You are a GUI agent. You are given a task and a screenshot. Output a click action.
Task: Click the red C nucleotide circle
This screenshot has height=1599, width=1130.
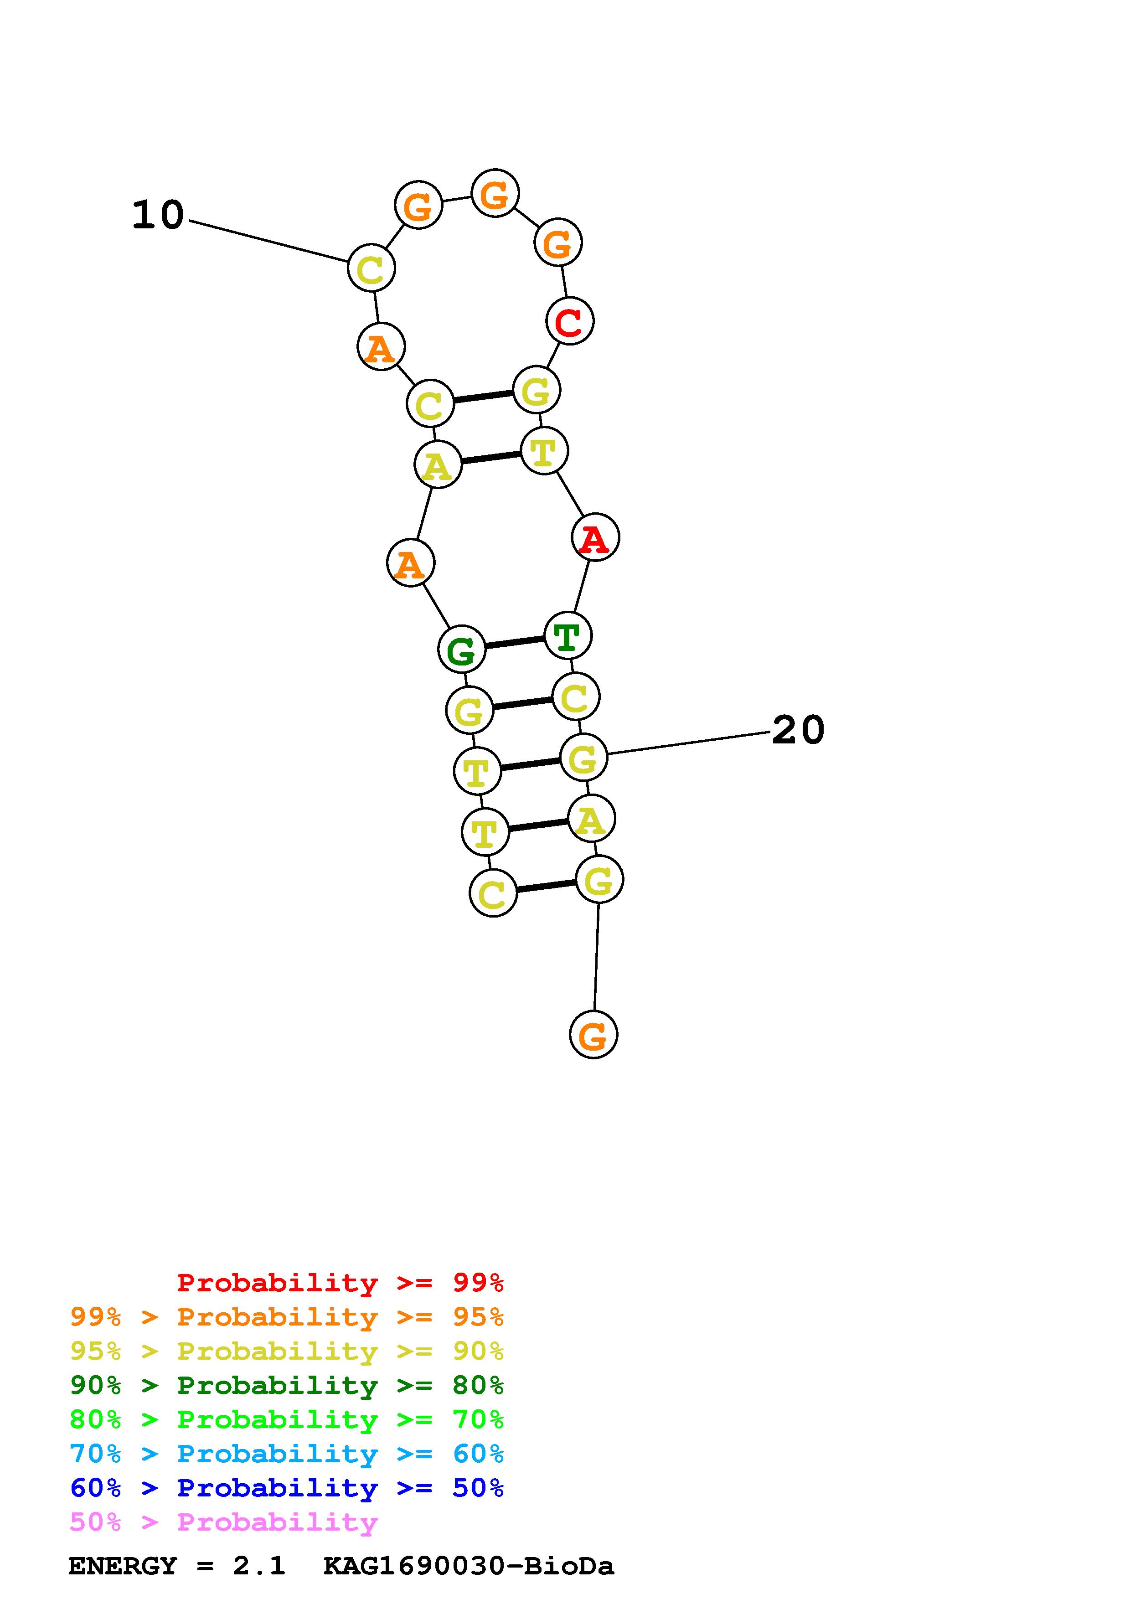(x=569, y=321)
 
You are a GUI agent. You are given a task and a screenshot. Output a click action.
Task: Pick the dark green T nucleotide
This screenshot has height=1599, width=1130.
(x=568, y=635)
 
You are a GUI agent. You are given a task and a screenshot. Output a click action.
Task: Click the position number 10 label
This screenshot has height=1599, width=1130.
(x=158, y=215)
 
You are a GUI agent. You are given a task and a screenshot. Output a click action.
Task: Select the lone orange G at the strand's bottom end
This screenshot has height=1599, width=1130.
(x=593, y=1035)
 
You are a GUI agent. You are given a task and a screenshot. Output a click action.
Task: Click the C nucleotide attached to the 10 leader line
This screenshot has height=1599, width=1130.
(x=371, y=268)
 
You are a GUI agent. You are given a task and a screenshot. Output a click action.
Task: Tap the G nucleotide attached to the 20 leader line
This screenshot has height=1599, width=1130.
(x=583, y=757)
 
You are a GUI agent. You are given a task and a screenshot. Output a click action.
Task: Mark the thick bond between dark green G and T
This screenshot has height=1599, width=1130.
(x=515, y=642)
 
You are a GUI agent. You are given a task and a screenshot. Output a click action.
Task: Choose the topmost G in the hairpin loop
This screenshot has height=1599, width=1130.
(x=494, y=193)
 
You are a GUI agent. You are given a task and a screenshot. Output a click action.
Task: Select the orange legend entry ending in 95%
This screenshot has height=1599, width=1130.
(x=287, y=1317)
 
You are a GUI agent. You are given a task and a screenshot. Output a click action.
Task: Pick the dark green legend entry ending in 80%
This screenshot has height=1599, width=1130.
(x=287, y=1385)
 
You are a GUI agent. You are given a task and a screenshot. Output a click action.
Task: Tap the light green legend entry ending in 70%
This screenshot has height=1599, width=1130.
(x=287, y=1419)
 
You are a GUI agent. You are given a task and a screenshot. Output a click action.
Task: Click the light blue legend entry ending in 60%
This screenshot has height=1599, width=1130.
(x=287, y=1454)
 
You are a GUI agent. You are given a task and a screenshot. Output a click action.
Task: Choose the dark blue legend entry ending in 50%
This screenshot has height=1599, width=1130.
(x=287, y=1488)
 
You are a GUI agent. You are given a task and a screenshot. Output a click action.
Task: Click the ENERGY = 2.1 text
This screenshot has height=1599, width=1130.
(x=177, y=1566)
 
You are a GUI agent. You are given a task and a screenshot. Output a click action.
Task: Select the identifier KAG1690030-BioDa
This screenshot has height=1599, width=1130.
(x=469, y=1566)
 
